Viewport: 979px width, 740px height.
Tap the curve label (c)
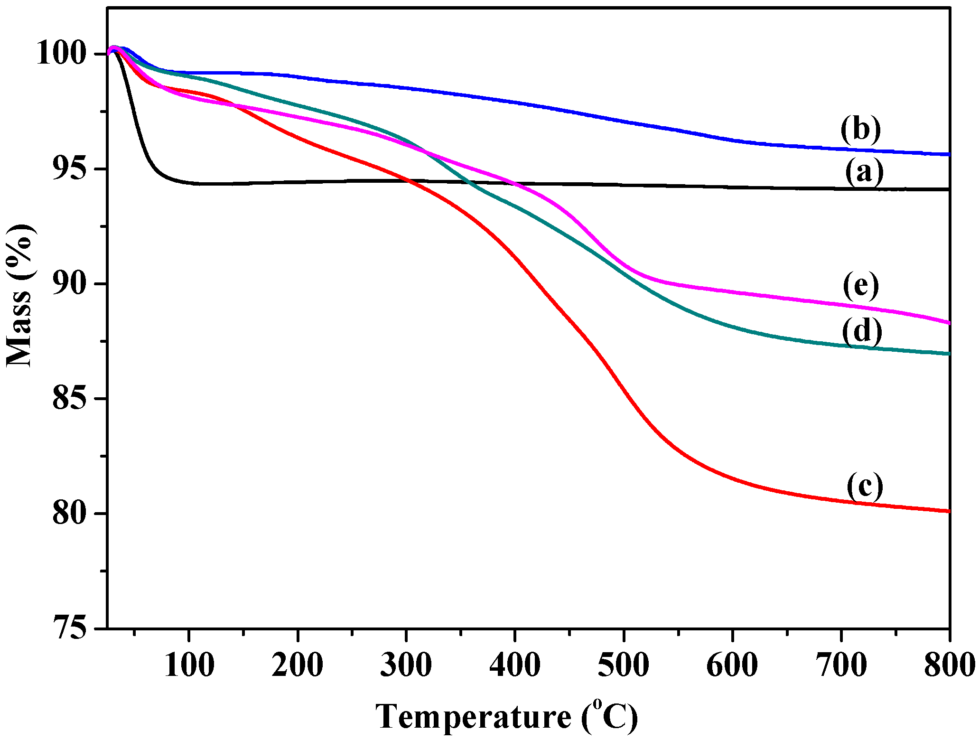pos(865,486)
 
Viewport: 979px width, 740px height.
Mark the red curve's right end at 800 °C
pos(949,511)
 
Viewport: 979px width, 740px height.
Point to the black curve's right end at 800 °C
pos(949,189)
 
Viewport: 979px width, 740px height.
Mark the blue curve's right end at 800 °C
pos(949,154)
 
